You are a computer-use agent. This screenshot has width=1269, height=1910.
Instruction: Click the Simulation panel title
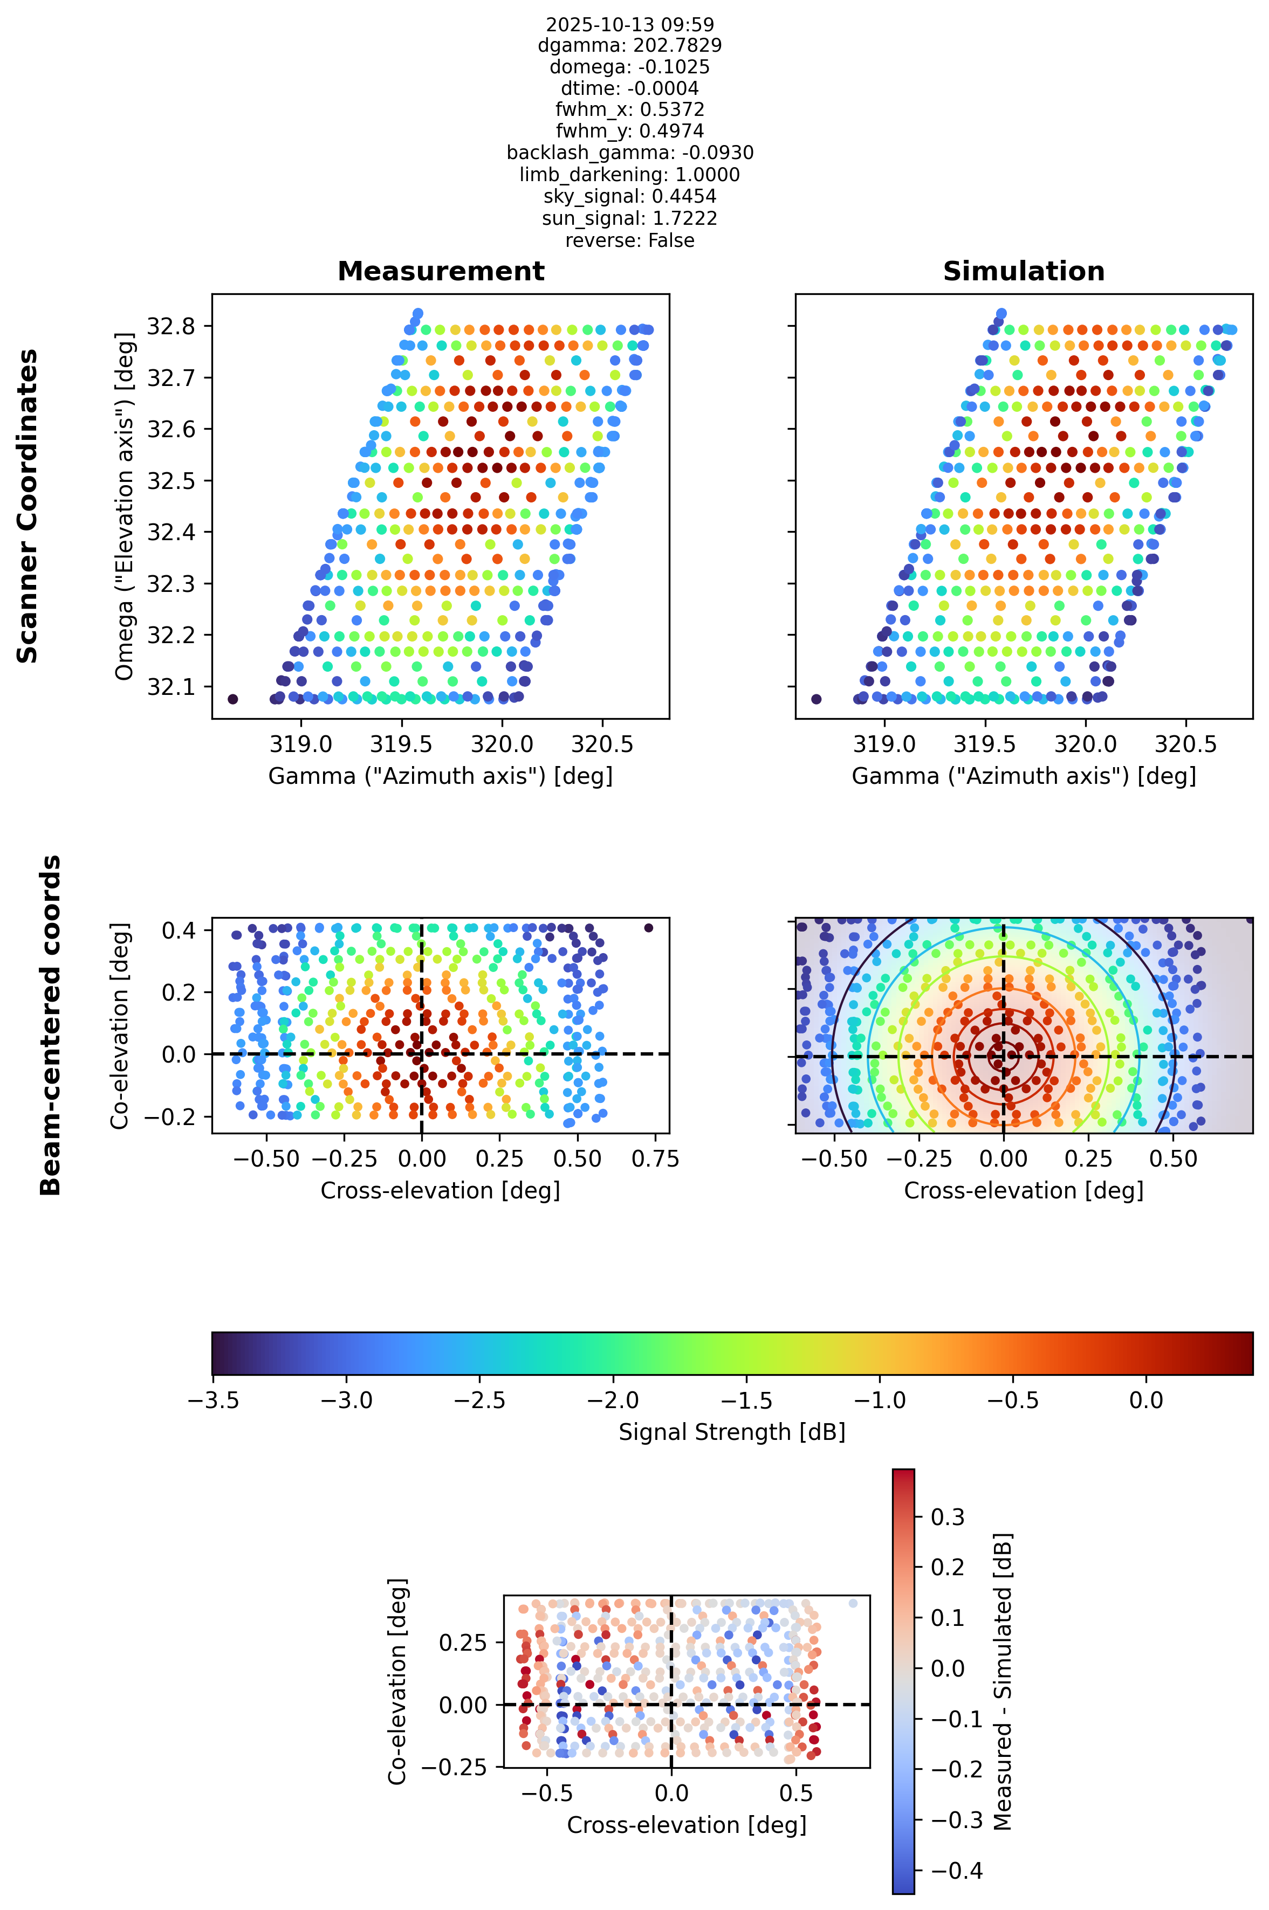pos(1024,271)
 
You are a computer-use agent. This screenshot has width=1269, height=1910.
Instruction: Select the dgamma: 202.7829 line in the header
pos(629,45)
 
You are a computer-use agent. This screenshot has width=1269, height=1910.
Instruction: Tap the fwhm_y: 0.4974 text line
pos(629,131)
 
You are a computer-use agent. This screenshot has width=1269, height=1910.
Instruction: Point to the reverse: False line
pos(629,240)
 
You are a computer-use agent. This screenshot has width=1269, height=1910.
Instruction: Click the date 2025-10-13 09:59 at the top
pos(629,24)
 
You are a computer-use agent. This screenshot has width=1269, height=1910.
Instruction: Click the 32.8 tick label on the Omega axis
pos(171,326)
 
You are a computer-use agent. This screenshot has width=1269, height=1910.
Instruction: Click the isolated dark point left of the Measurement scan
pos(233,699)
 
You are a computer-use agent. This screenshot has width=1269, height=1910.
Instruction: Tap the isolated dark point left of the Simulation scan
pos(816,699)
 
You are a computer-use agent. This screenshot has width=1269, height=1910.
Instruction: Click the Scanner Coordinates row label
pos(28,506)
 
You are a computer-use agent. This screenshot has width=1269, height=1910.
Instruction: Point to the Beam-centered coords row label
pos(50,1025)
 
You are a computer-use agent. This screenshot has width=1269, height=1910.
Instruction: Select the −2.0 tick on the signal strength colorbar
pos(613,1401)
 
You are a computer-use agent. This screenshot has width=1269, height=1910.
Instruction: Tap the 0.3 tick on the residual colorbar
pos(947,1517)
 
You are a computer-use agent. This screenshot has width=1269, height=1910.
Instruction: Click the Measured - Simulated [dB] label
pos(1003,1681)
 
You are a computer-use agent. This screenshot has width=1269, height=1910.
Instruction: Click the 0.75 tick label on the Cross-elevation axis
pos(655,1159)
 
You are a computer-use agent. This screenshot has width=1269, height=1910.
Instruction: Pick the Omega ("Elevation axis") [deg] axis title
pos(124,506)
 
